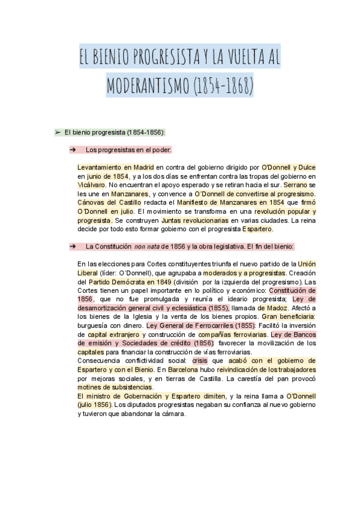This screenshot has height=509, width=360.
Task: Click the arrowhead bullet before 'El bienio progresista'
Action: [58, 131]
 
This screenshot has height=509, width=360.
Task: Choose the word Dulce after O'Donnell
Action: [305, 167]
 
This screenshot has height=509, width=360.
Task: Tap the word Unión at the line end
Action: [307, 264]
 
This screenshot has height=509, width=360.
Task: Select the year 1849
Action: [159, 282]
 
